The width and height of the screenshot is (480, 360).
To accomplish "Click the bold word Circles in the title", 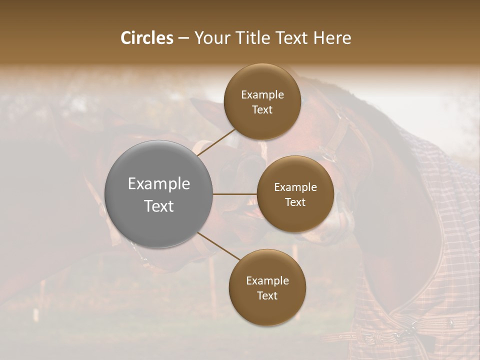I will coord(146,38).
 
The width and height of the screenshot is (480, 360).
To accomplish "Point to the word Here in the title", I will coord(332,38).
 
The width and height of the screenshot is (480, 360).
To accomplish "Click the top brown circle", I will coord(262,101).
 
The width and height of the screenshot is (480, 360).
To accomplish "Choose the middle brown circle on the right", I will coord(295,194).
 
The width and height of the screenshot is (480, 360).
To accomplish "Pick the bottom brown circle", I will coord(267,287).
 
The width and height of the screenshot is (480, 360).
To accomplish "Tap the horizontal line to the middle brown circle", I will coord(234,194).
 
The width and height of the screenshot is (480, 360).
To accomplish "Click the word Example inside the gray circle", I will coord(158,184).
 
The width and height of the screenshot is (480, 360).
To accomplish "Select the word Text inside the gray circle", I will coord(158,206).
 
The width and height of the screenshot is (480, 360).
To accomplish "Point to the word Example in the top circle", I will coord(262,94).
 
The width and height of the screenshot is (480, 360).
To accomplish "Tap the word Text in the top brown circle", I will coord(262,109).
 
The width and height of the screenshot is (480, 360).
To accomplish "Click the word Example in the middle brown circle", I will coord(295,187).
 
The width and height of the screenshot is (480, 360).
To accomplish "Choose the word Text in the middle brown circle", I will coord(295,202).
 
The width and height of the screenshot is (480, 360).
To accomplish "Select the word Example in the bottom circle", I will coord(267,280).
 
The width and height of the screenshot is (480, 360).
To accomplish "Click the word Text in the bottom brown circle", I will coord(267,295).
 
